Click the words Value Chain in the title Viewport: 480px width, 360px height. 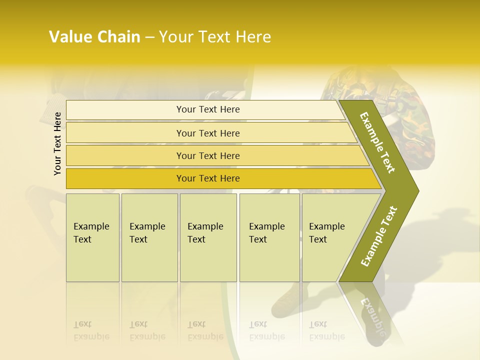pyautogui.click(x=94, y=37)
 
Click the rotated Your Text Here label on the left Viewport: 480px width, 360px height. pyautogui.click(x=57, y=143)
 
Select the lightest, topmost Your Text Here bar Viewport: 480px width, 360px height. pyautogui.click(x=207, y=109)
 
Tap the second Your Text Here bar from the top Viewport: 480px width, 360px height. pyautogui.click(x=207, y=133)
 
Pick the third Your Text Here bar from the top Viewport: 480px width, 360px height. pyautogui.click(x=207, y=155)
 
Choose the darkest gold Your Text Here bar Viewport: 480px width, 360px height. pyautogui.click(x=207, y=178)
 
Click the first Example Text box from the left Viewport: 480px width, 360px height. pyautogui.click(x=92, y=237)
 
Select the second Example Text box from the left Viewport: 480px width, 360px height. pyautogui.click(x=149, y=237)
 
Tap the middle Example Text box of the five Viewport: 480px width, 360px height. pyautogui.click(x=208, y=237)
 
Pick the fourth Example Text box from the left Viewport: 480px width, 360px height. pyautogui.click(x=269, y=237)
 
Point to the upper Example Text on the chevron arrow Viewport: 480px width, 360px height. pyautogui.click(x=378, y=142)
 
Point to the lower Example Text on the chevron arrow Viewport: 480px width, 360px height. pyautogui.click(x=379, y=236)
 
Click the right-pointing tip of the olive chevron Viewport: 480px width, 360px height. pyautogui.click(x=416, y=190)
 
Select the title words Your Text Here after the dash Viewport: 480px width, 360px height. pyautogui.click(x=215, y=37)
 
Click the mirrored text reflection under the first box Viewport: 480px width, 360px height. pyautogui.click(x=91, y=330)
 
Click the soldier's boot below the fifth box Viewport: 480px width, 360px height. pyautogui.click(x=287, y=302)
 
